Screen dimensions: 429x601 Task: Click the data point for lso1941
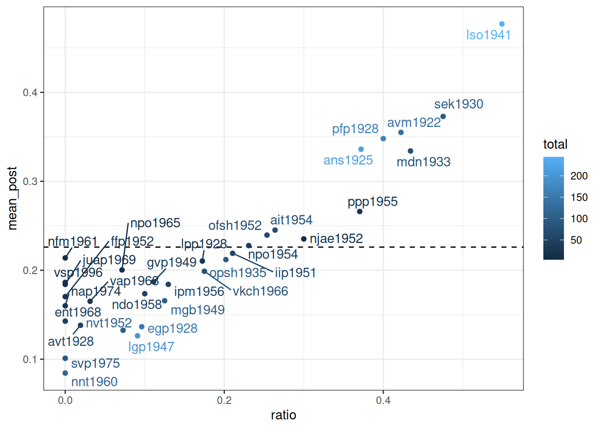(502, 24)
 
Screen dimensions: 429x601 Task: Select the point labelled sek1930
(443, 117)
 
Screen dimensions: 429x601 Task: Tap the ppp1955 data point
(360, 211)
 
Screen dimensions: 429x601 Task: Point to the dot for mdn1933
(411, 151)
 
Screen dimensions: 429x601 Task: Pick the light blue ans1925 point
(361, 149)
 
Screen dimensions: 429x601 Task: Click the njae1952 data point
(304, 239)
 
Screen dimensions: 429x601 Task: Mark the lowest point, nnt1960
(65, 373)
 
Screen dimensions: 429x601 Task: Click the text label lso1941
(488, 35)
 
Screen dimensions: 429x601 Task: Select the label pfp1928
(355, 129)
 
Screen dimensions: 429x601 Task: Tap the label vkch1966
(260, 291)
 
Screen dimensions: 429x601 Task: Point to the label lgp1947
(151, 347)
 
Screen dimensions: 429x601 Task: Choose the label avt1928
(71, 341)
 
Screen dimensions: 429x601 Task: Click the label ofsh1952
(235, 225)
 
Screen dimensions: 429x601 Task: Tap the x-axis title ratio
(284, 415)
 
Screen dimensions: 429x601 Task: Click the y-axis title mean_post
(13, 198)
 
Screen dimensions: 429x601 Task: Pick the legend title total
(555, 144)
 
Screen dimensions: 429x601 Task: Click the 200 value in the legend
(579, 176)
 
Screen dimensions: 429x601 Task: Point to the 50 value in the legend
(576, 240)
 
